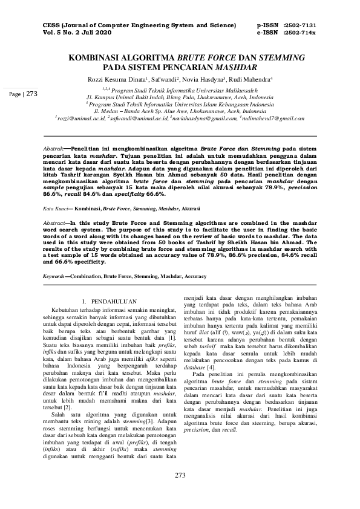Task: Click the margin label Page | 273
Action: tap(24, 94)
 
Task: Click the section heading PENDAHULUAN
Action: tap(107, 300)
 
